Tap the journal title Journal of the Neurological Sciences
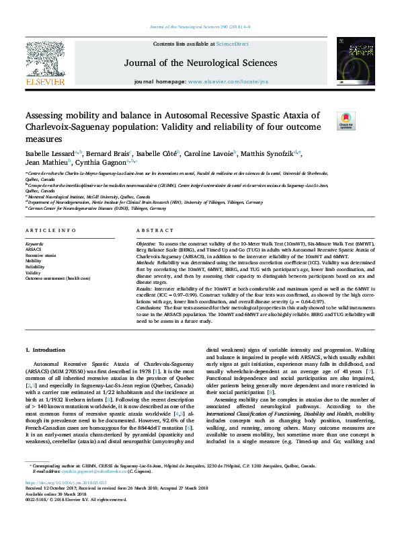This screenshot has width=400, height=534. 200,63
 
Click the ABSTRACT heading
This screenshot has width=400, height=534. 155,230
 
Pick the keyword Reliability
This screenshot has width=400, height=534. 36,267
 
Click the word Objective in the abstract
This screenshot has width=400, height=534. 146,242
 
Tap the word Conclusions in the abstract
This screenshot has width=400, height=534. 151,307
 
